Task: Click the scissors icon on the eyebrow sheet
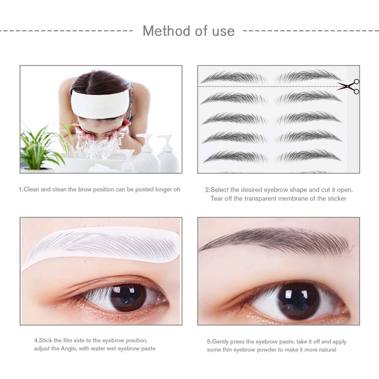pos(348,86)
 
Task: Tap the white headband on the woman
pos(100,104)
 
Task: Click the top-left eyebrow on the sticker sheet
pos(234,77)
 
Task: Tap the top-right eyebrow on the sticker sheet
pos(308,76)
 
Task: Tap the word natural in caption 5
pos(326,350)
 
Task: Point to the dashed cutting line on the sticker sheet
pos(263,86)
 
